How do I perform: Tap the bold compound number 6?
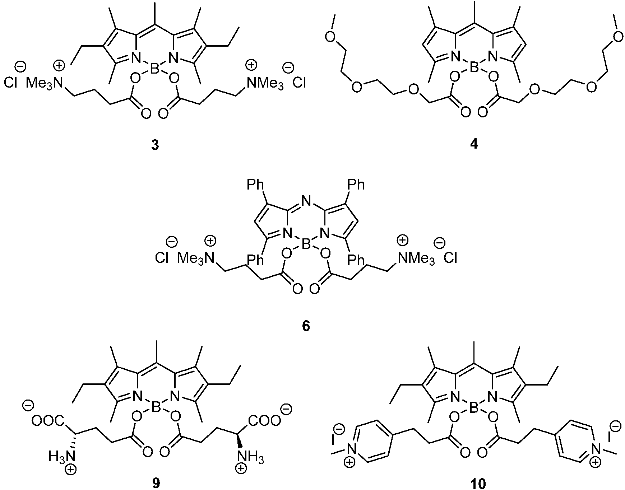point(306,327)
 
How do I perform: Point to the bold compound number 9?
point(155,484)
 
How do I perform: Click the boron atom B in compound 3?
point(155,69)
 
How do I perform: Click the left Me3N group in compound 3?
point(44,84)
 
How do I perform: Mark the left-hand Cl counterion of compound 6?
point(162,258)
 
